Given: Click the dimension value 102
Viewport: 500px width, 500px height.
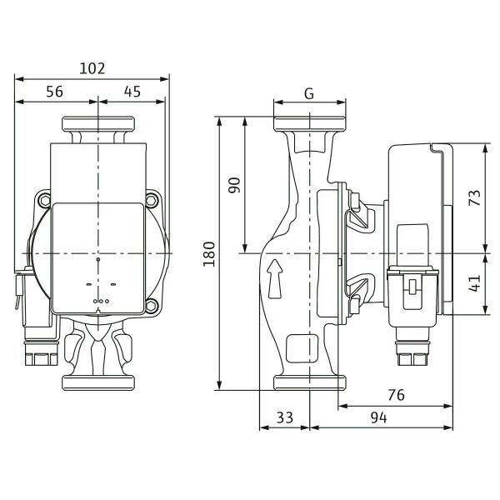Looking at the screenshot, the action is (x=92, y=68).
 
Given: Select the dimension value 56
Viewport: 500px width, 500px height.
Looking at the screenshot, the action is (x=54, y=92).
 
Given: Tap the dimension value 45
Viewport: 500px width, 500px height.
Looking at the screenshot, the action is (x=132, y=92).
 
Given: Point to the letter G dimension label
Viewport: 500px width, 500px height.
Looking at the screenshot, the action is (x=309, y=93).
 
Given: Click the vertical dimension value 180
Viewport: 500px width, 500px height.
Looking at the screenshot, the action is (x=209, y=254).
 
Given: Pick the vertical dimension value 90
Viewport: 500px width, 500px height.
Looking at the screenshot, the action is (x=234, y=185).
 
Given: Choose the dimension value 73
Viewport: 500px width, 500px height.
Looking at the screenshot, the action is (x=475, y=197).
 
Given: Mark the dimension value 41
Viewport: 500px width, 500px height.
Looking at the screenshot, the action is (x=475, y=283).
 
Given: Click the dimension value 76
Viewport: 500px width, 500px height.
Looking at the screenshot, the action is (x=397, y=395).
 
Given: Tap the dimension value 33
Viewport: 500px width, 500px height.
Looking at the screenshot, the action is (x=285, y=417).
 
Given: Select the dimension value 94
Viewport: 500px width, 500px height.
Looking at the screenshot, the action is (x=379, y=417).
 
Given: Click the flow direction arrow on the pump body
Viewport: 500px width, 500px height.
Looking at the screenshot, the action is (x=275, y=278).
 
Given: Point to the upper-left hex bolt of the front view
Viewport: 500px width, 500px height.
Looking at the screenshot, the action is (x=44, y=201).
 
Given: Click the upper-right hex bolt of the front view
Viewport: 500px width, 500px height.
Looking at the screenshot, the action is (x=152, y=201).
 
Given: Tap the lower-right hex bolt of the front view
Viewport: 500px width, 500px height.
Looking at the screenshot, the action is (x=152, y=306).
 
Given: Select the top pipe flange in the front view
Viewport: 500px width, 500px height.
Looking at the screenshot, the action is (x=98, y=124).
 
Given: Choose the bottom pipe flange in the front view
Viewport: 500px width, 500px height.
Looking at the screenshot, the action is (x=98, y=382).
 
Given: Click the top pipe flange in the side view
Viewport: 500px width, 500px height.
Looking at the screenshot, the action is (x=310, y=124).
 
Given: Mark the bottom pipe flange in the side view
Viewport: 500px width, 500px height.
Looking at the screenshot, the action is (x=310, y=382).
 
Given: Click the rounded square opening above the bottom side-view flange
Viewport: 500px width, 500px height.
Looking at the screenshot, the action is (x=302, y=348).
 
